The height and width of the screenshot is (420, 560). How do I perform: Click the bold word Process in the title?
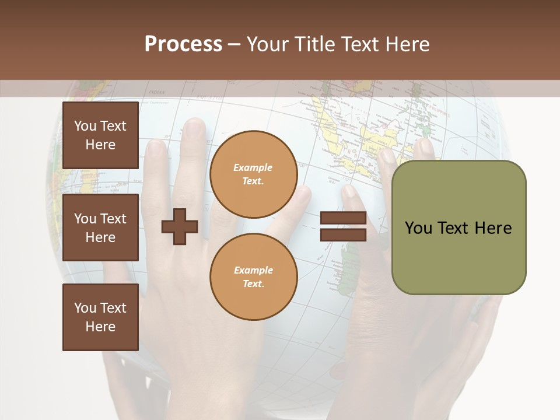pos(183,44)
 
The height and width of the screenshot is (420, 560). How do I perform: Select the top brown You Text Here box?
pos(100,135)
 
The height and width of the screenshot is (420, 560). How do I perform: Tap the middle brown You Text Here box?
pos(100,228)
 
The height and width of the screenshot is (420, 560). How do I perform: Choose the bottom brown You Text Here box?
pos(100,317)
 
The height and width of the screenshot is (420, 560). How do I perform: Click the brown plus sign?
pos(180,226)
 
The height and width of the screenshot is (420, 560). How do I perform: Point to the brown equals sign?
pos(343,226)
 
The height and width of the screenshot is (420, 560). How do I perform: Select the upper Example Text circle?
pos(254,174)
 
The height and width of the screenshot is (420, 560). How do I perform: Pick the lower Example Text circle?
pos(254,277)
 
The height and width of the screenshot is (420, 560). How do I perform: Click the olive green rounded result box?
pos(459,228)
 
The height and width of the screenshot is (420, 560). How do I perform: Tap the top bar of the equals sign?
pos(343,219)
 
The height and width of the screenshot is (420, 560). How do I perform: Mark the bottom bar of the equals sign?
pos(343,235)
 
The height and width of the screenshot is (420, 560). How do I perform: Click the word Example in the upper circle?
pos(253,168)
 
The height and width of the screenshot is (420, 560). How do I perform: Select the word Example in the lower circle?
pos(253,271)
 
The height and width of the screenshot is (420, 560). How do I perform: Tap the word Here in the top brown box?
pos(100,145)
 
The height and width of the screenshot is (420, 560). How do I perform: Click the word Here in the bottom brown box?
pos(100,327)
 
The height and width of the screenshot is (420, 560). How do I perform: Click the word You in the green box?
pos(418,228)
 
